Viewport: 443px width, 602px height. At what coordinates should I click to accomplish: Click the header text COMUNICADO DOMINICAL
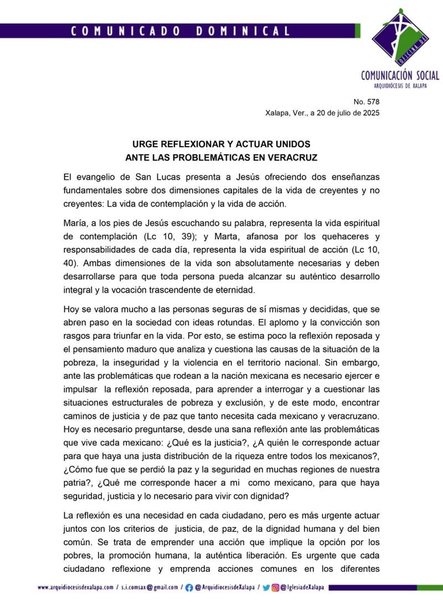pyautogui.click(x=180, y=31)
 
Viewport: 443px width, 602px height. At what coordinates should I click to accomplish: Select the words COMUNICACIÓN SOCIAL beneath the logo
pyautogui.click(x=400, y=75)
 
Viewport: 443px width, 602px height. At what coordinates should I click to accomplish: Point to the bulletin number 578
pyautogui.click(x=374, y=102)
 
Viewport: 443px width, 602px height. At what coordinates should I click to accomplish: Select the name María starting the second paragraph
pyautogui.click(x=75, y=224)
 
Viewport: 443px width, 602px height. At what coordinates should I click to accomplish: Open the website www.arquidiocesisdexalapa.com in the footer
pyautogui.click(x=76, y=587)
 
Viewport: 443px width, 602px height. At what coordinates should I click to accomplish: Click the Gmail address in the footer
pyautogui.click(x=150, y=587)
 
